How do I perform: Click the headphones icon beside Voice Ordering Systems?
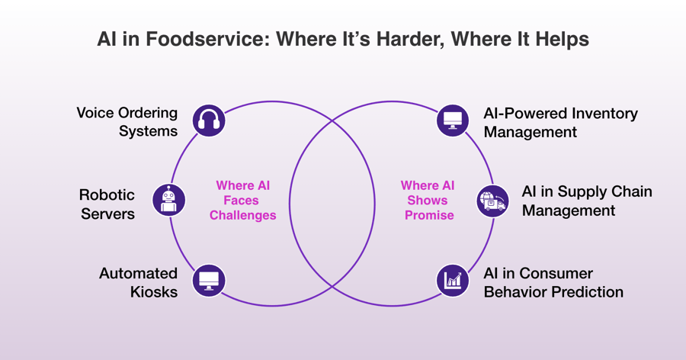(208, 121)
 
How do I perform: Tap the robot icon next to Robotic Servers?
(168, 200)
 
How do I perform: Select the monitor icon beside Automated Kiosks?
(208, 280)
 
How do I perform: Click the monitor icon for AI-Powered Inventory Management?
(453, 121)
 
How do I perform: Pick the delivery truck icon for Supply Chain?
(492, 201)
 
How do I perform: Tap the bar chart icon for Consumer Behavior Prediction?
(453, 280)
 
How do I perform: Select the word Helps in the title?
(561, 39)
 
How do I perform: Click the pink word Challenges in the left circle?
(242, 215)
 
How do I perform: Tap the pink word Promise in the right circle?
(428, 215)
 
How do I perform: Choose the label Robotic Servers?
(107, 204)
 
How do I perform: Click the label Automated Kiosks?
(138, 282)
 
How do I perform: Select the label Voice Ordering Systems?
(127, 122)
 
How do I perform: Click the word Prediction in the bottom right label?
(587, 292)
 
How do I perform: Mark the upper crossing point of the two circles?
(332, 121)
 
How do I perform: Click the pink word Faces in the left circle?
(242, 201)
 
